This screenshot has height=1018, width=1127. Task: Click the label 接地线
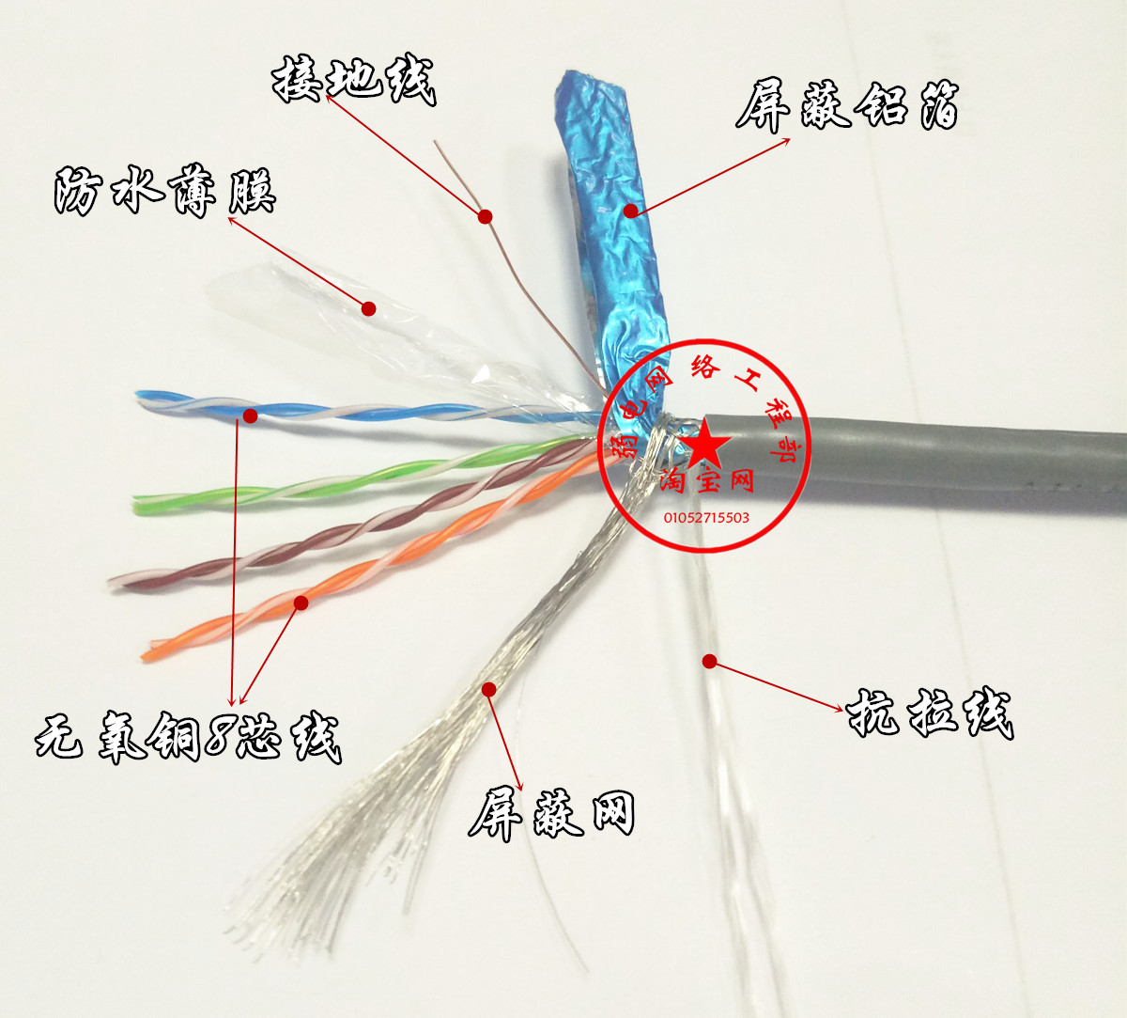(353, 81)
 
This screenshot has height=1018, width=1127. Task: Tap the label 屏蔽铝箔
(846, 105)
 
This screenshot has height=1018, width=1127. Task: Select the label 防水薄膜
(164, 192)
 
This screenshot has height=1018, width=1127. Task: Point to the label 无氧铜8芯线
(188, 736)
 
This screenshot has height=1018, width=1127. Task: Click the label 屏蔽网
(551, 814)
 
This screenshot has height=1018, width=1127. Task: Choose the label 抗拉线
(930, 714)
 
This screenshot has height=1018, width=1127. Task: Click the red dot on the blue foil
(632, 211)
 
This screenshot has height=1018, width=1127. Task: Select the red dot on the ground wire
(486, 216)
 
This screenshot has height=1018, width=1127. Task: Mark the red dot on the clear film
(369, 307)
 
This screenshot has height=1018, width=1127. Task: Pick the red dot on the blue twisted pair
(250, 415)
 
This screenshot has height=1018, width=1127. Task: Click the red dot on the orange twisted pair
(301, 602)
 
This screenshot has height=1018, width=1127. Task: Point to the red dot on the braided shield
(488, 689)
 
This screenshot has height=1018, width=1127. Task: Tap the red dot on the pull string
(709, 662)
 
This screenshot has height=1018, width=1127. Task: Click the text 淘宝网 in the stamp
(706, 480)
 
